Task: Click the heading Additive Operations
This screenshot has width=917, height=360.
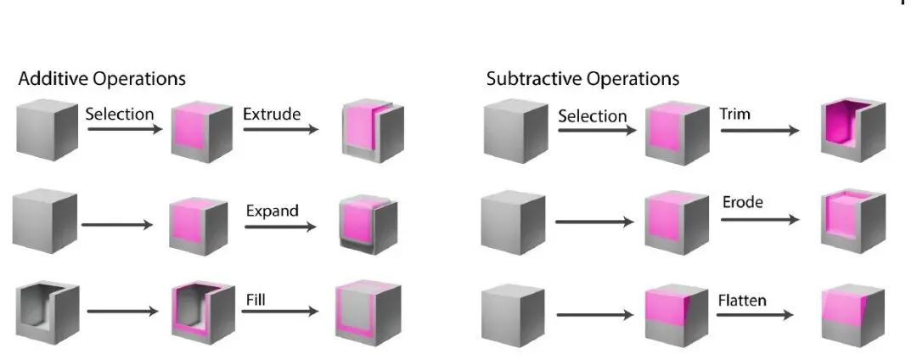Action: [x=102, y=79]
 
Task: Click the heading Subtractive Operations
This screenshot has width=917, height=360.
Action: [x=582, y=79]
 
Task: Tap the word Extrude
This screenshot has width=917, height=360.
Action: [x=272, y=114]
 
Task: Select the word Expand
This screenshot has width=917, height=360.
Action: [x=272, y=211]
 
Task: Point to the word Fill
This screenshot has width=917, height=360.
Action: [x=256, y=300]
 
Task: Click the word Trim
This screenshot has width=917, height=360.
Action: [x=734, y=114]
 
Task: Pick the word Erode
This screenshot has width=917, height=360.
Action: [x=743, y=202]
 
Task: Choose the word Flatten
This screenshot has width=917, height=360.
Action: [x=742, y=301]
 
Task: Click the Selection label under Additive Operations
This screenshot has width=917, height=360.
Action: [x=120, y=114]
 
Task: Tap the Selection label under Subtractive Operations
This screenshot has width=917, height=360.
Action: [x=592, y=116]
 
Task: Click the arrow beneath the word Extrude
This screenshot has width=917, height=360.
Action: [x=281, y=128]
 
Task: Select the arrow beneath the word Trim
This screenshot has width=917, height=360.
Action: [x=759, y=130]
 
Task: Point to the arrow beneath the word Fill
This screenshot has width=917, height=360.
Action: [x=279, y=312]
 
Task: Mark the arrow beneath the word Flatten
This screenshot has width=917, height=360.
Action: [x=755, y=316]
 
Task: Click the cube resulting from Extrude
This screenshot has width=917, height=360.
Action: [x=373, y=131]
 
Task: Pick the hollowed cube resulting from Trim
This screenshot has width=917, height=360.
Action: [x=853, y=130]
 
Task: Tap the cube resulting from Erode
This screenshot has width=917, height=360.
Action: [x=853, y=221]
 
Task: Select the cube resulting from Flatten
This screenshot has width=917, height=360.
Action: [x=853, y=315]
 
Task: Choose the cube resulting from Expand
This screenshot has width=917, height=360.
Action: [x=368, y=223]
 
